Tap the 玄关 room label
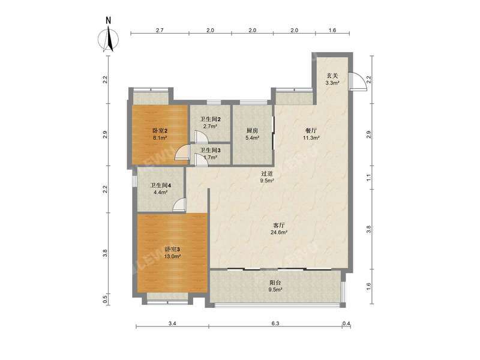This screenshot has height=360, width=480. coord(332,76)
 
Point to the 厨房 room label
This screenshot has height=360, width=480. coord(252,130)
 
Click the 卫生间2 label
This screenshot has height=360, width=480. coord(209,119)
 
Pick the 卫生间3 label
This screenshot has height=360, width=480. coord(209,150)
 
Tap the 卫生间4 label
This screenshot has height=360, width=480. coord(160,185)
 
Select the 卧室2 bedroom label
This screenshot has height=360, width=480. coord(158,130)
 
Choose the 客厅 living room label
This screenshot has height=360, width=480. coord(279,225)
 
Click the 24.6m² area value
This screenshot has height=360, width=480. coord(279,232)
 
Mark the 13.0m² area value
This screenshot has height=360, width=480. coord(172,256)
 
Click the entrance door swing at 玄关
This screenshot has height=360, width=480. coord(358,82)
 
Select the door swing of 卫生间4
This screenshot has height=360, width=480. coord(178,206)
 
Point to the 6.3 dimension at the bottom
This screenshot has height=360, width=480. coord(275,324)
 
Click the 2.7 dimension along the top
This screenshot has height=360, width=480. coord(160,30)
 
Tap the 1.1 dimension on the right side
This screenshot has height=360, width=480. coord(368,176)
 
